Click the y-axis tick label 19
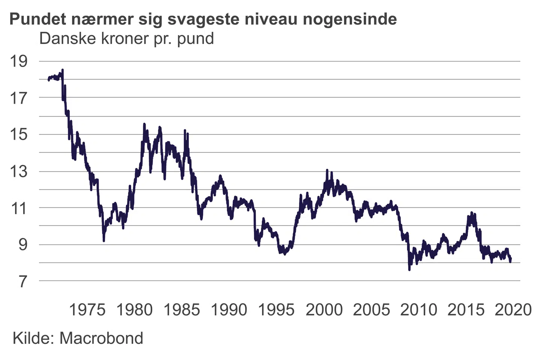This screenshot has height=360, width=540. [18, 61]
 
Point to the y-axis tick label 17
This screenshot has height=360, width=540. [18, 98]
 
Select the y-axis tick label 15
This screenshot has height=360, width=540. [18, 134]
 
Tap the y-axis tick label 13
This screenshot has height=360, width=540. [18, 171]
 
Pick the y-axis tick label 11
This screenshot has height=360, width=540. [18, 208]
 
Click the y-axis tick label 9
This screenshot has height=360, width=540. [23, 244]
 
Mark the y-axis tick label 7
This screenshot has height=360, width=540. [23, 281]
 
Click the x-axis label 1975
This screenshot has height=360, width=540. [87, 310]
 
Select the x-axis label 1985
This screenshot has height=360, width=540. [182, 310]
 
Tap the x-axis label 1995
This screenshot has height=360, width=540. [276, 310]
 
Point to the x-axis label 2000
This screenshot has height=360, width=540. [324, 310]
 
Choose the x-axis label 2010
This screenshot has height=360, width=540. [418, 310]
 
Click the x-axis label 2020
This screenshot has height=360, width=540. [513, 310]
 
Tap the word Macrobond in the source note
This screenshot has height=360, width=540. [101, 338]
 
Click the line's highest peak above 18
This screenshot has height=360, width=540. [63, 70]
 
